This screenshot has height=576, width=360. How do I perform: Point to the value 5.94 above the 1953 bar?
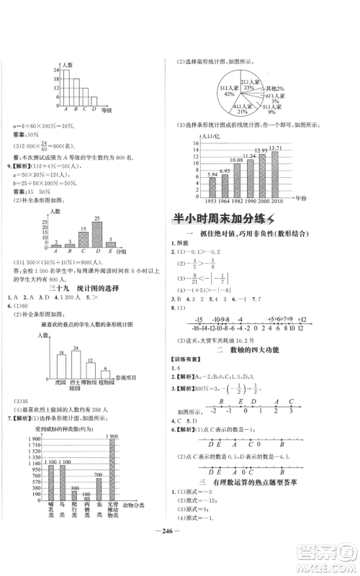[212, 174]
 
